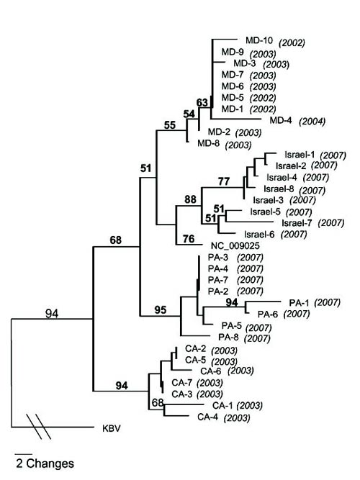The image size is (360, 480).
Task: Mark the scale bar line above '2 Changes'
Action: [x=22, y=454]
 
